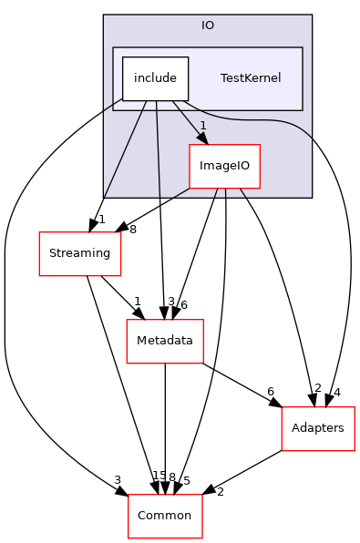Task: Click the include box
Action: tap(155, 78)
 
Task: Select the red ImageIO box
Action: tap(224, 167)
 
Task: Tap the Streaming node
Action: tap(79, 253)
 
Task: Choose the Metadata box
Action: tap(164, 341)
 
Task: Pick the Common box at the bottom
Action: tap(164, 516)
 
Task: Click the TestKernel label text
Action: tap(250, 78)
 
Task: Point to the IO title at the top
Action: tap(208, 25)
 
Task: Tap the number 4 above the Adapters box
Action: tap(338, 392)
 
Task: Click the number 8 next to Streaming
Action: tap(133, 230)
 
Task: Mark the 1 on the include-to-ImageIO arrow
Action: tap(202, 125)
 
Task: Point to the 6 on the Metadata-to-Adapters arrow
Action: tap(271, 391)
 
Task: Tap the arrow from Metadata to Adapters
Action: tap(242, 384)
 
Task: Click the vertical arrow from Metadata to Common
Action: tap(164, 428)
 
